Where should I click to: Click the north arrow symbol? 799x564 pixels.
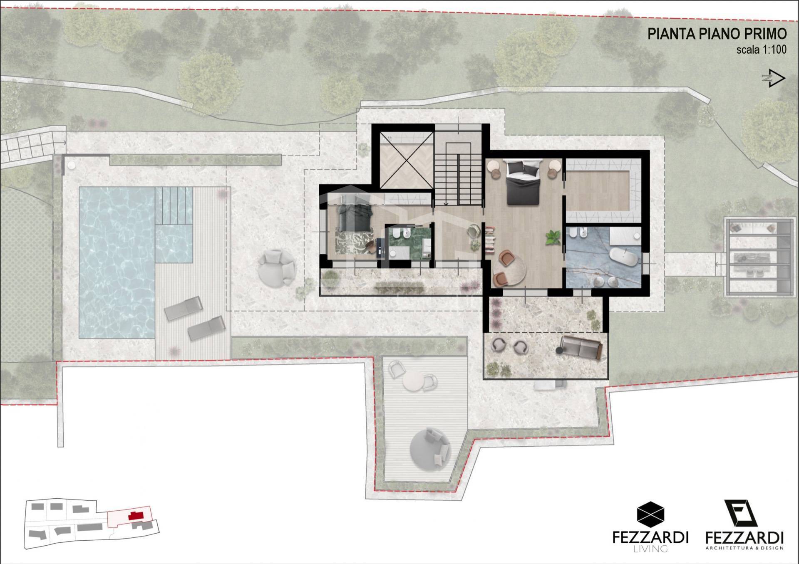tap(774, 78)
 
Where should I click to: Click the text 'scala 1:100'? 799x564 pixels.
tap(761, 49)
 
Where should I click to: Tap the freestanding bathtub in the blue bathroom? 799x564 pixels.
tap(623, 257)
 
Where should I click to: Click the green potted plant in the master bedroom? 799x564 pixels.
tap(553, 238)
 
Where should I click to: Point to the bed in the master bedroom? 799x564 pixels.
tap(523, 182)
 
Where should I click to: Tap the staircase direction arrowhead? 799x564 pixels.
tap(446, 204)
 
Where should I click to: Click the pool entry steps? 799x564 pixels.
tap(174, 206)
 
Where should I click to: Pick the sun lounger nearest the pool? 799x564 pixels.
tap(184, 308)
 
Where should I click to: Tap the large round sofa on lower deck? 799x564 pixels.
tap(430, 448)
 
